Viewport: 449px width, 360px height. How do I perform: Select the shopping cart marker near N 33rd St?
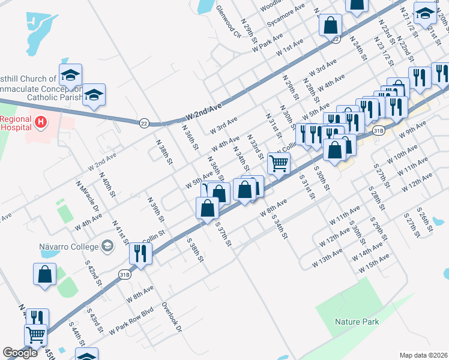(x=279, y=163)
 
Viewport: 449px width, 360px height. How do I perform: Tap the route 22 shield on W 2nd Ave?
(x=144, y=123)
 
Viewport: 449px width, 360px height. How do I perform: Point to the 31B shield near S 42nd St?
(x=124, y=275)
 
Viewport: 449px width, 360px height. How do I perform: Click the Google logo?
(x=20, y=353)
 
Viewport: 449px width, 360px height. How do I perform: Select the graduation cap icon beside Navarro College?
(x=107, y=245)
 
